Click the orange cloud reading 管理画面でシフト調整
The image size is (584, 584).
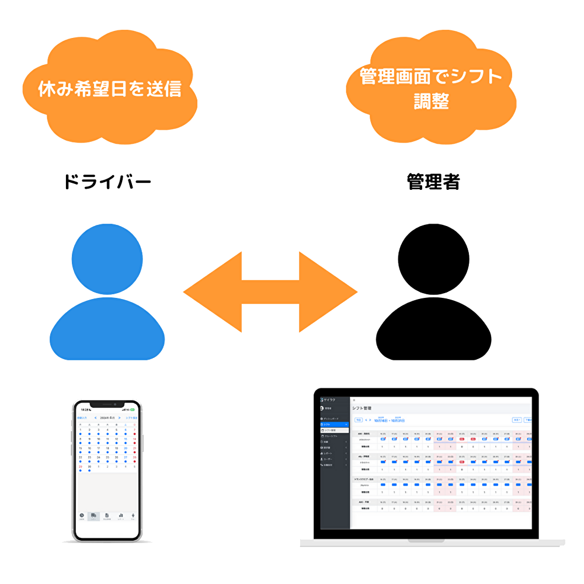(x=431, y=88)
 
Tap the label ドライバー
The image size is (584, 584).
(x=107, y=182)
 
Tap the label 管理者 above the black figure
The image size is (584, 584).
(x=433, y=182)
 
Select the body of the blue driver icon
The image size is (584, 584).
(x=107, y=330)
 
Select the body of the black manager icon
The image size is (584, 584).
(x=433, y=330)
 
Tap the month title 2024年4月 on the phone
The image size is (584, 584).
(x=107, y=418)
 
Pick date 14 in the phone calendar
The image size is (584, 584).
(x=134, y=439)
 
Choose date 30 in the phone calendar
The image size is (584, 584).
(x=89, y=467)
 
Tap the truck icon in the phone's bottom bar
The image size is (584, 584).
(x=93, y=516)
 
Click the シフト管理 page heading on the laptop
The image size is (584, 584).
(x=362, y=408)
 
